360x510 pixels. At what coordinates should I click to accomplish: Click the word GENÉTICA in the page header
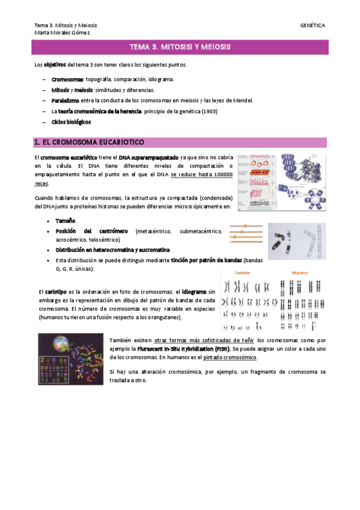coord(313,25)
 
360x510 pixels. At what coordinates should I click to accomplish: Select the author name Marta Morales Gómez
coord(62,32)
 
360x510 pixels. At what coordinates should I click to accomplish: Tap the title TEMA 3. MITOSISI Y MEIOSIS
coord(180,47)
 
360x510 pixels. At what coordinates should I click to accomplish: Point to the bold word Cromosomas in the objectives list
coord(67,79)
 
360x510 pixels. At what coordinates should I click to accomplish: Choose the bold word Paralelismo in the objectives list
coord(66,100)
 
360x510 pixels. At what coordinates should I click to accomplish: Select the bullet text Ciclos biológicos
coord(71,122)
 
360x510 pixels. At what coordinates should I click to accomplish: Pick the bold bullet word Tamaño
coord(66,221)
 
